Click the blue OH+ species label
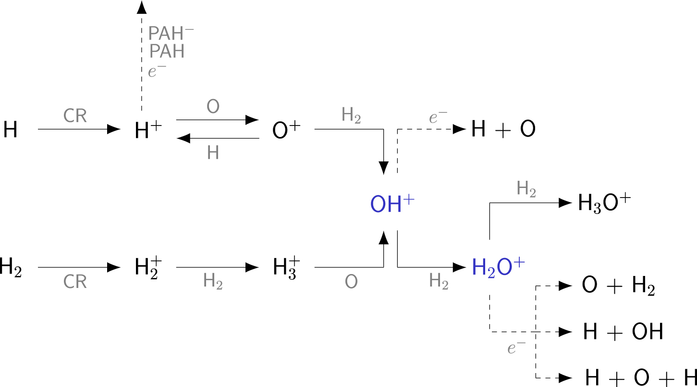click(x=392, y=204)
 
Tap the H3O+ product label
click(x=604, y=203)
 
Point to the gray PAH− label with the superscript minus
click(x=171, y=33)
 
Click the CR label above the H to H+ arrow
click(x=75, y=116)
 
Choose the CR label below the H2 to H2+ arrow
click(x=75, y=282)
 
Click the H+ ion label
click(x=147, y=130)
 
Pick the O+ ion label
click(x=287, y=130)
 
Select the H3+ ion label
click(x=287, y=267)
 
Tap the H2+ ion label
click(x=147, y=267)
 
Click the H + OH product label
click(x=623, y=332)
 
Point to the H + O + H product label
click(x=640, y=378)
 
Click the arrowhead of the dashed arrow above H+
click(x=141, y=7)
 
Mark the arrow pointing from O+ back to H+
click(x=218, y=138)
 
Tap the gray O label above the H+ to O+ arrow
click(x=213, y=107)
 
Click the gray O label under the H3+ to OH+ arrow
click(x=351, y=282)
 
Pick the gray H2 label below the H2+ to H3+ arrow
click(x=213, y=282)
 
